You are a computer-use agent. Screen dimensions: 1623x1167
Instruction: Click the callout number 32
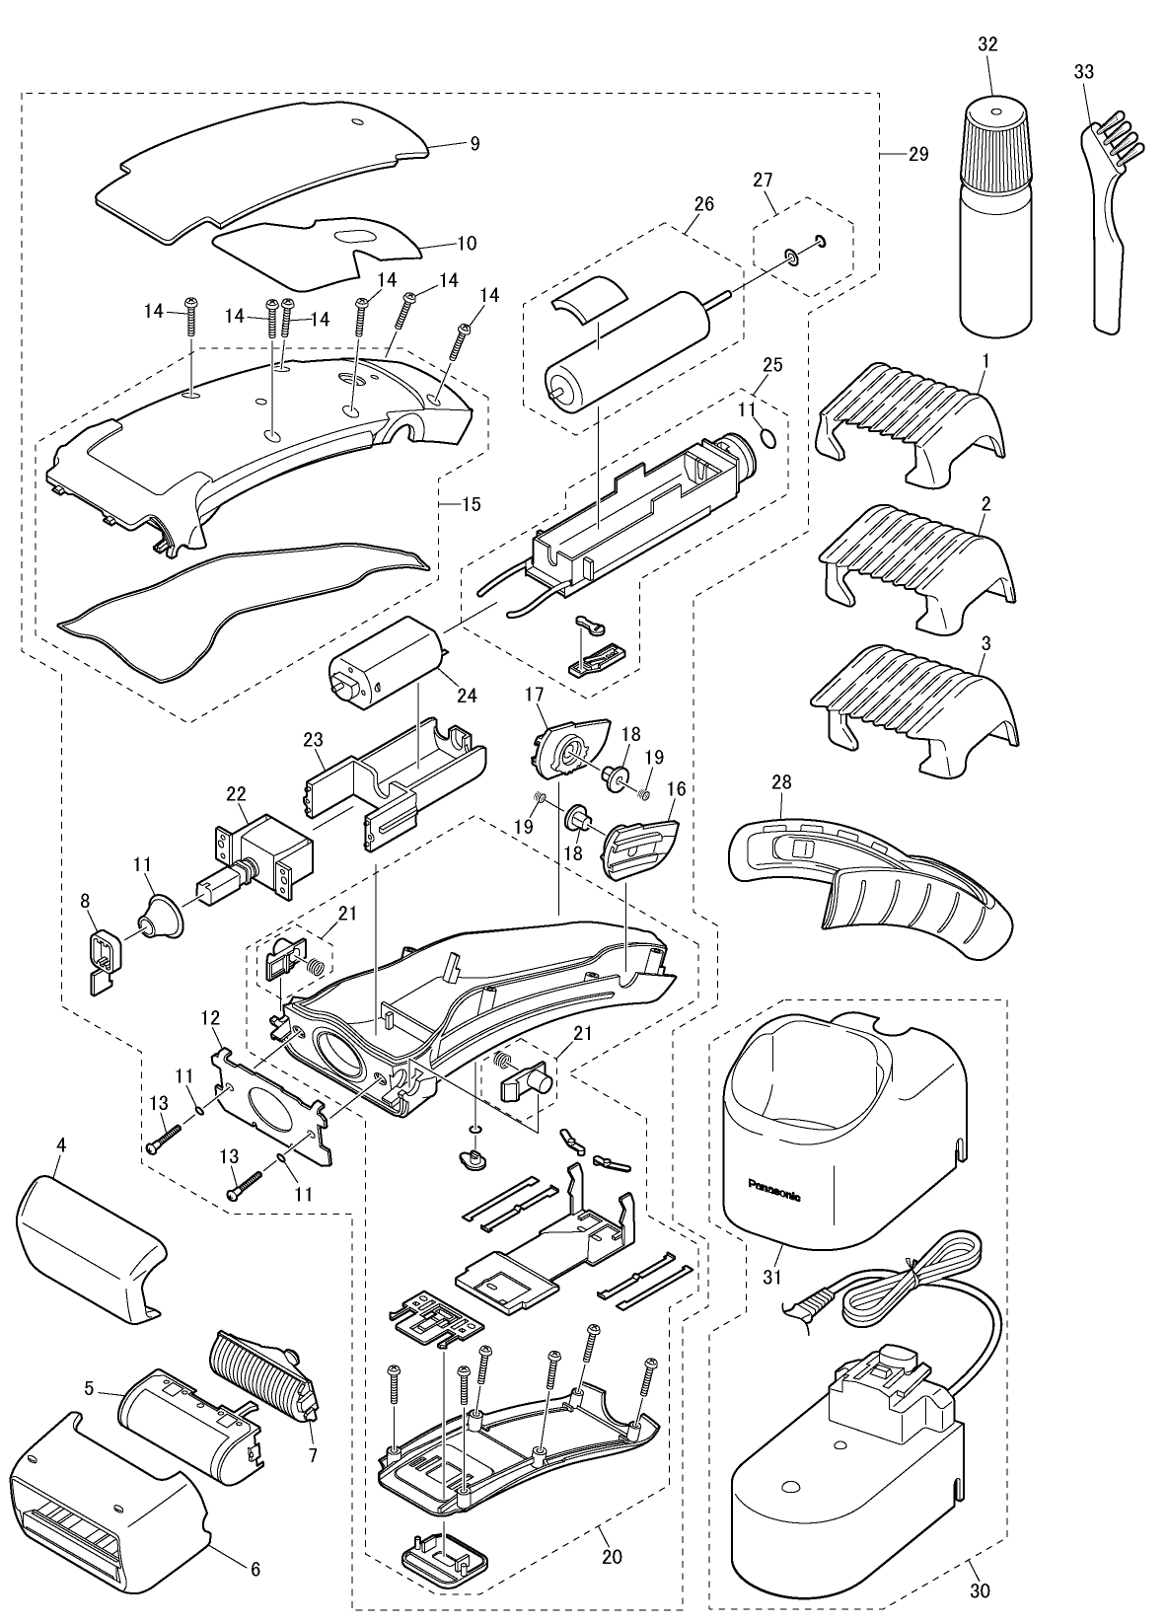tap(986, 44)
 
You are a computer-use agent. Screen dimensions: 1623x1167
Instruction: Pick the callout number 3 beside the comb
tap(985, 643)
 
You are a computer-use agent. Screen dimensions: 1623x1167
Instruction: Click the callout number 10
tap(467, 243)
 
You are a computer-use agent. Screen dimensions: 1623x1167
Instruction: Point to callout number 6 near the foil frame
tap(255, 1569)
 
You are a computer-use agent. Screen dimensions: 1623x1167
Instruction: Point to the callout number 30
tap(979, 1589)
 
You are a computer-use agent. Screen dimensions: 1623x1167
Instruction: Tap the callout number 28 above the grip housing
tap(781, 781)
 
